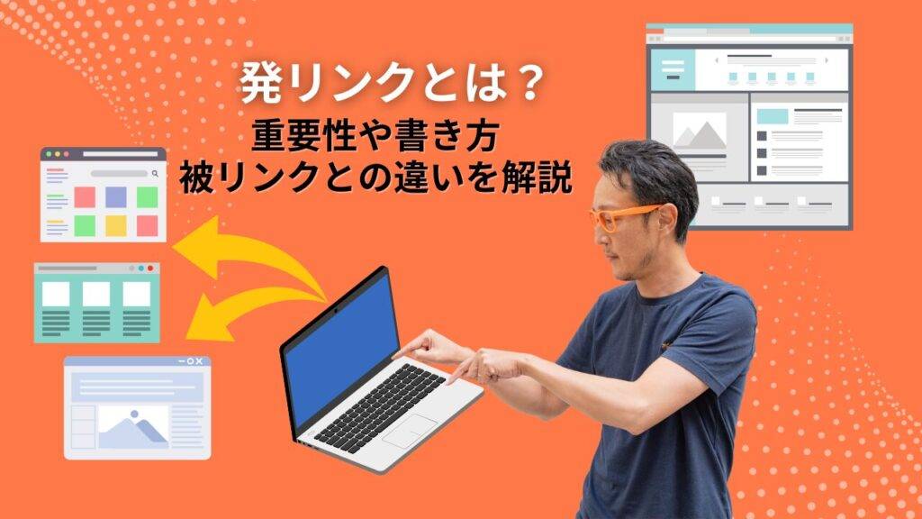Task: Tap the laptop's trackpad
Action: pos(410,431)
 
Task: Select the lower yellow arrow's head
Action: pos(209,319)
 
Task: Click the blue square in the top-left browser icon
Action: pos(116,197)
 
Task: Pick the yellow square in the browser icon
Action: pos(116,225)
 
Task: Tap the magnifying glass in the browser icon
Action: pos(155,174)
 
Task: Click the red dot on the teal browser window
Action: pos(150,269)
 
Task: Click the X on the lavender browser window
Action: pos(199,361)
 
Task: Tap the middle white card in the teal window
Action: pos(96,295)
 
